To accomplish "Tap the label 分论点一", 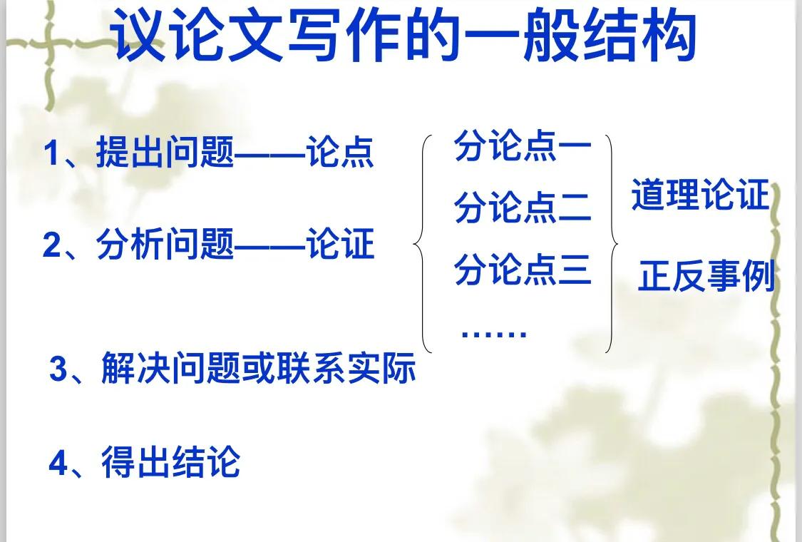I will [x=523, y=148].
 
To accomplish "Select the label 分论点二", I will [x=523, y=208].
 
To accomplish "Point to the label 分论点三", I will [x=523, y=270].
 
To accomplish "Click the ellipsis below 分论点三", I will [x=494, y=333].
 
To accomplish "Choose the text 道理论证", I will [x=700, y=195].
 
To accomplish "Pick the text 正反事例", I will [x=706, y=276].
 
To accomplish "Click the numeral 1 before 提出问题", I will [x=51, y=153].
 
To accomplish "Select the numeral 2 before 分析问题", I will [x=51, y=246].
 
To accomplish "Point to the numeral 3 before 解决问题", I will [x=58, y=370].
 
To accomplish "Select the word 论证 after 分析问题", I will [x=340, y=245].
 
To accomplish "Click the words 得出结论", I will [x=170, y=462].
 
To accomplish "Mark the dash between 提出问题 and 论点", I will [x=270, y=155].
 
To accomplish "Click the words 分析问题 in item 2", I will [x=165, y=245].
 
